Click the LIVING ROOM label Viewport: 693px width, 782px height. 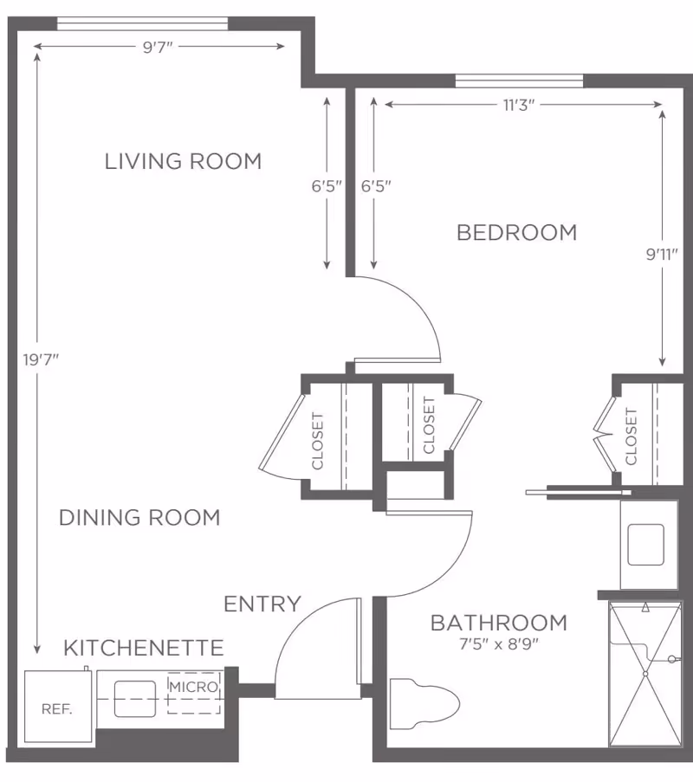click(x=183, y=161)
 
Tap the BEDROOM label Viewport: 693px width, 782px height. click(x=516, y=232)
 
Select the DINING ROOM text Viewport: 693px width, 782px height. click(x=139, y=517)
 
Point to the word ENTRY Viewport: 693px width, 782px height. click(x=262, y=604)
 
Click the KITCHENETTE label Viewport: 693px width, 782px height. click(x=144, y=648)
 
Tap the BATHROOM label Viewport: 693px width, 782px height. click(x=499, y=623)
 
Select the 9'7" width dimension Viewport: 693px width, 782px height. click(x=159, y=47)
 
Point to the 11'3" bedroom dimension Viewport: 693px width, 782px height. click(x=520, y=105)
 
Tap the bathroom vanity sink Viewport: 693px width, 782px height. click(x=645, y=544)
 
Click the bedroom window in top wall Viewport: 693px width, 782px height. click(x=520, y=81)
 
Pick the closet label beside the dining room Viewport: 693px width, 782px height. click(x=317, y=441)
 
